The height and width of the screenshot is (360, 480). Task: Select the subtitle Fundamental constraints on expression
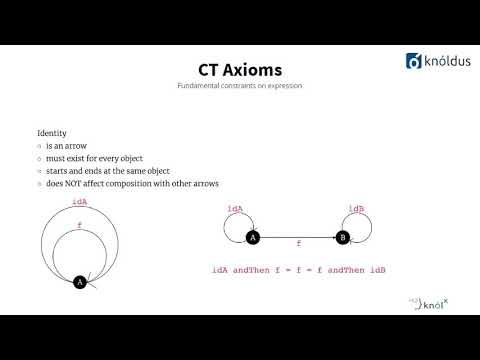(239, 87)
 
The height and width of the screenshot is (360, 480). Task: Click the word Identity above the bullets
(52, 133)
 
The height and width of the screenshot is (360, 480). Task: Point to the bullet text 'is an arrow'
(68, 146)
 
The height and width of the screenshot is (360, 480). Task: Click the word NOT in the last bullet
(97, 184)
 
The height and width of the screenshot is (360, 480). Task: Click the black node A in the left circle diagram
(80, 282)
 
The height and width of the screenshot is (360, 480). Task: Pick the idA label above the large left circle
(80, 201)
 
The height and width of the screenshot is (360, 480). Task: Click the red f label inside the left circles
(79, 226)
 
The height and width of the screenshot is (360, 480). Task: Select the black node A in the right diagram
(252, 237)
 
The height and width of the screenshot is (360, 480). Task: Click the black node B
(342, 237)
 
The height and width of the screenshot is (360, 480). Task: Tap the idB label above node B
(357, 208)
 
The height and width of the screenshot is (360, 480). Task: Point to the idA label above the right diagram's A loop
(236, 208)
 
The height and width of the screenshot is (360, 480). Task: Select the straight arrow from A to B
(297, 237)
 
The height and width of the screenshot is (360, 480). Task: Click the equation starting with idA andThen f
(299, 271)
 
